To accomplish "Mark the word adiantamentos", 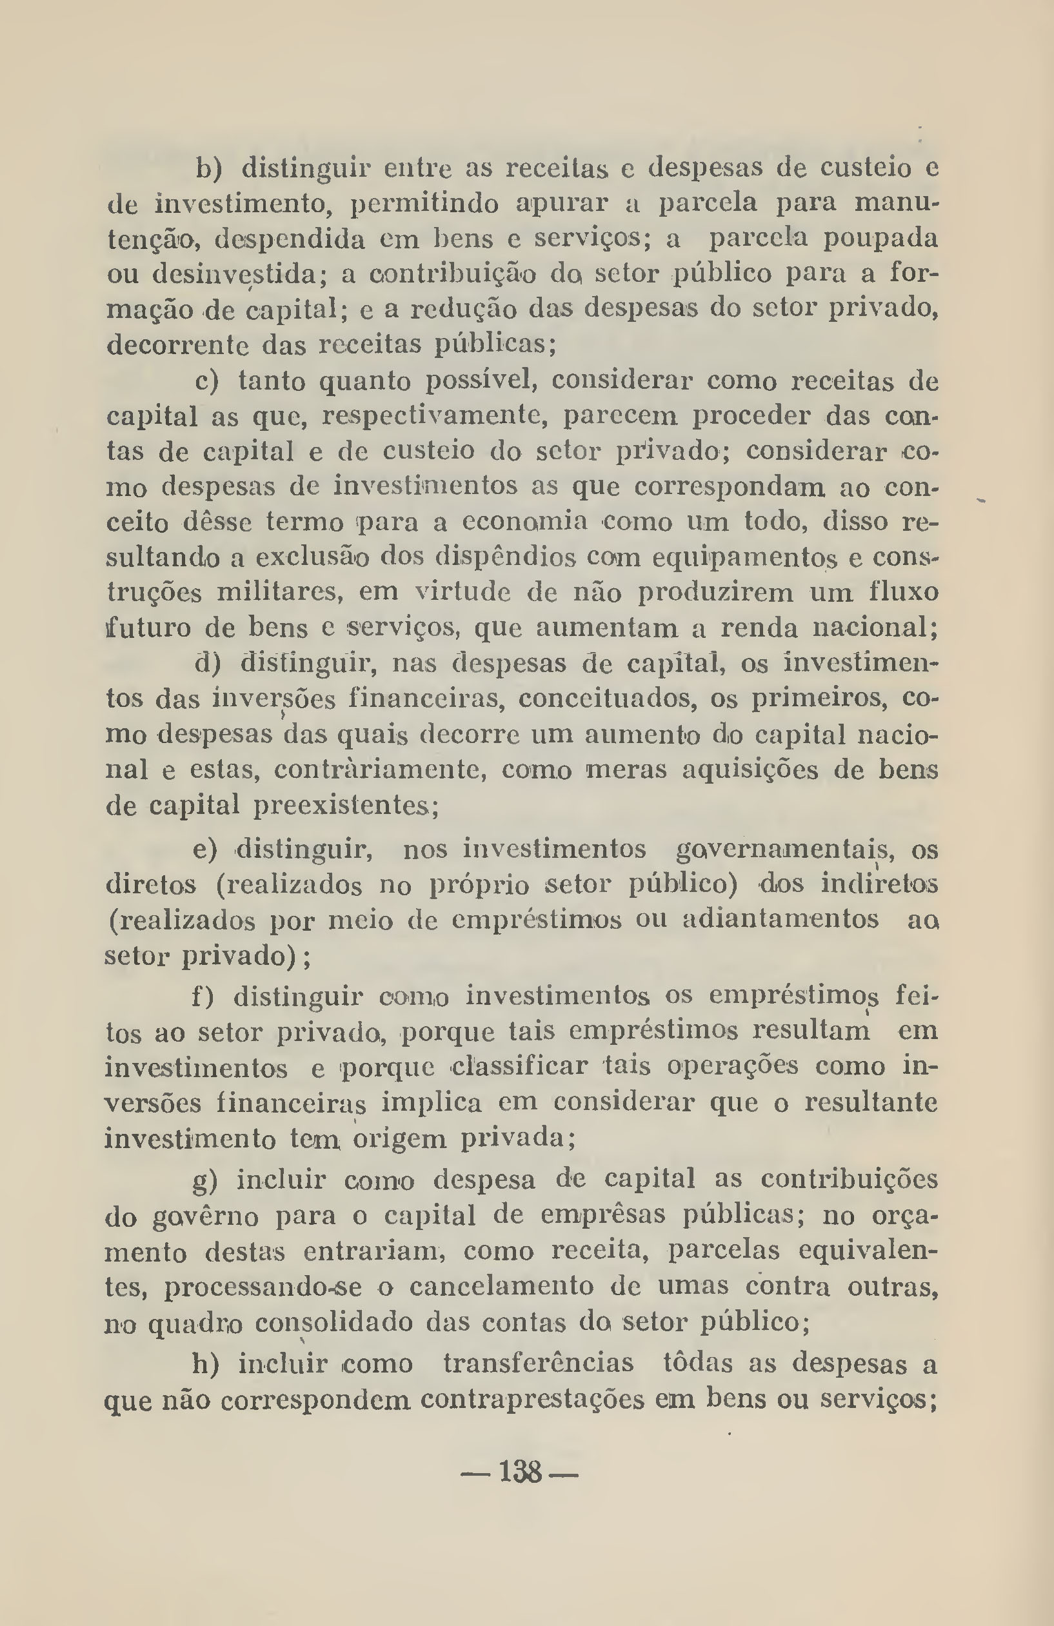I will point(781,920).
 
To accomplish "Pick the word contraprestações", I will point(532,1399).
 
